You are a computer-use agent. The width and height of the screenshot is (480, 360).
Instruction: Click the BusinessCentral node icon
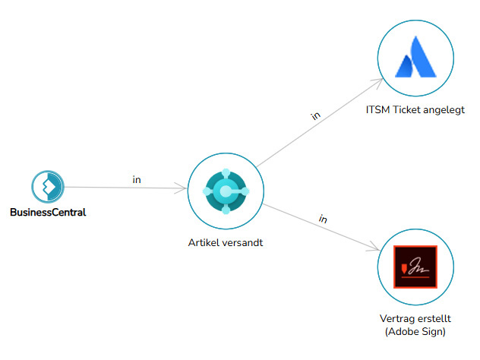[x=47, y=186]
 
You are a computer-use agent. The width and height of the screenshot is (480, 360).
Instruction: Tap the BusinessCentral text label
[x=48, y=213]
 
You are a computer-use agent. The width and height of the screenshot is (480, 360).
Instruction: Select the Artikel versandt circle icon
[x=225, y=189]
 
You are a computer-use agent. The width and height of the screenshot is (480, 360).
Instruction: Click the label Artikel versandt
[x=225, y=244]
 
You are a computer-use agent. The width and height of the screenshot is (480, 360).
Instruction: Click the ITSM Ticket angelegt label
[x=415, y=109]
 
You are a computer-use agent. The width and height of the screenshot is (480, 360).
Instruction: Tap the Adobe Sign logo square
[x=415, y=267]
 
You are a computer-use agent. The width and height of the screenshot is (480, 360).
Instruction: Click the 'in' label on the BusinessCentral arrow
[x=137, y=180]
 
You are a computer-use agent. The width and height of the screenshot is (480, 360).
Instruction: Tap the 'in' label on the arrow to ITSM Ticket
[x=315, y=115]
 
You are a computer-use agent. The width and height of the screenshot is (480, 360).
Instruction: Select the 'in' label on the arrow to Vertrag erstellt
[x=322, y=219]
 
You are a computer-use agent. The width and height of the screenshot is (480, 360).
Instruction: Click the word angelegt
[x=444, y=109]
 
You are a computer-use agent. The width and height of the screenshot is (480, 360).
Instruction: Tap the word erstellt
[x=434, y=318]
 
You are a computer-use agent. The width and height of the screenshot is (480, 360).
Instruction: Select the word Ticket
[x=406, y=109]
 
